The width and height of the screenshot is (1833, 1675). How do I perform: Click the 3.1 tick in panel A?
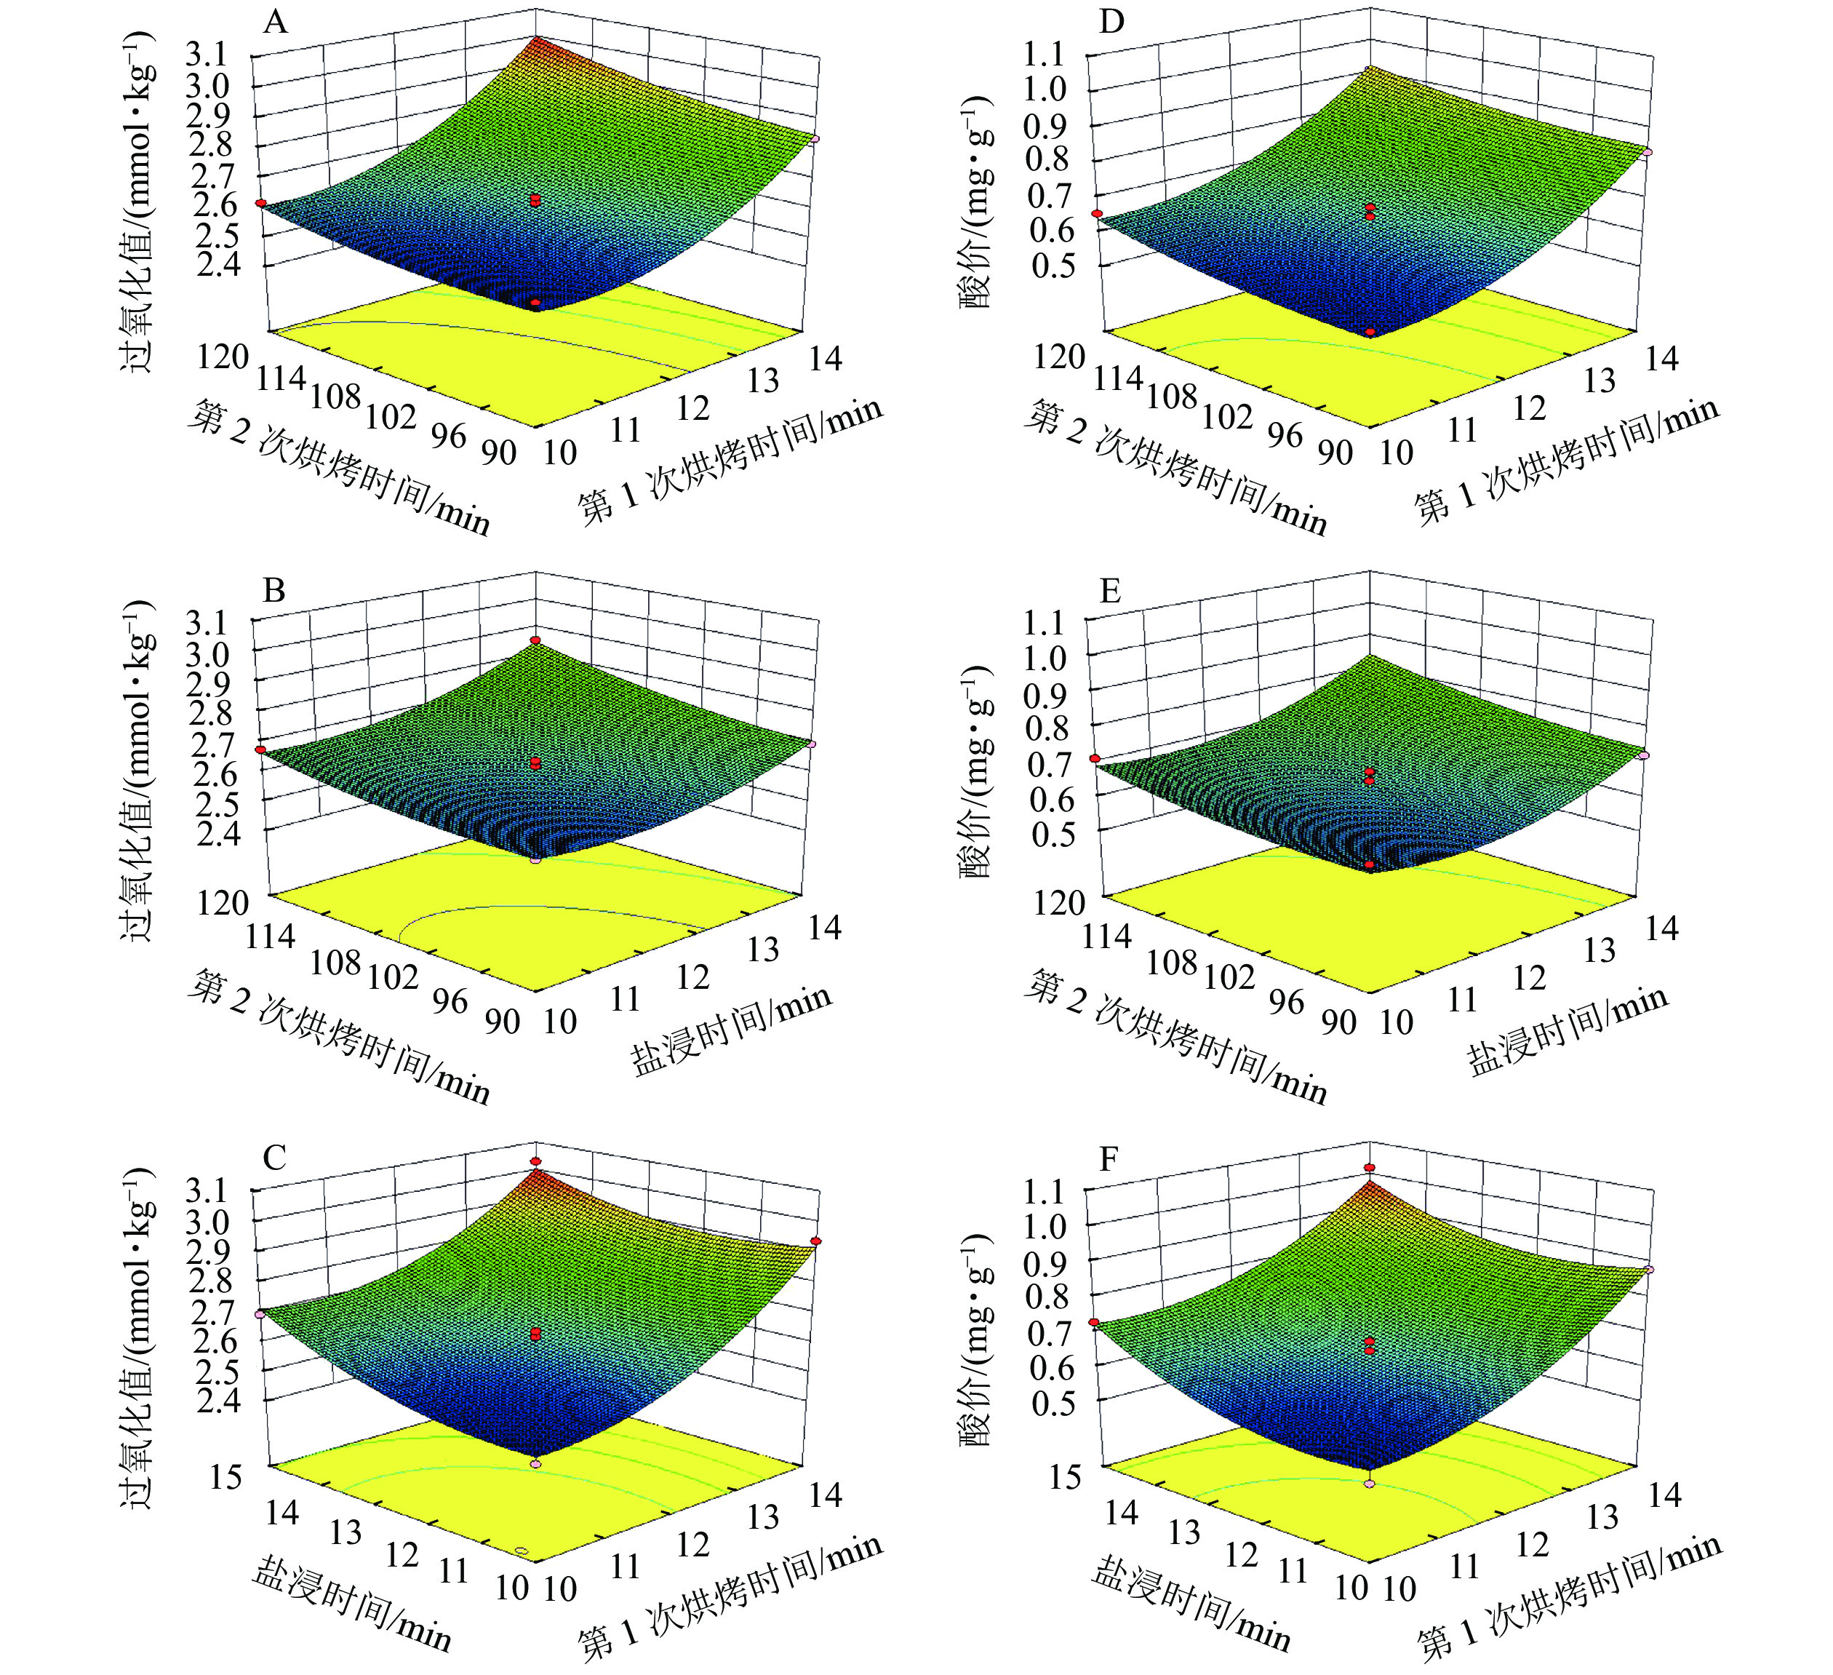(x=207, y=56)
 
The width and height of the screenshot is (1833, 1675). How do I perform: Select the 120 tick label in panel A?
(x=223, y=357)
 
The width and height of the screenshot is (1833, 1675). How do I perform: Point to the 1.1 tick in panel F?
(x=1043, y=1192)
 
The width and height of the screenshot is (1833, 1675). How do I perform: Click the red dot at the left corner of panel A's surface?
(x=260, y=204)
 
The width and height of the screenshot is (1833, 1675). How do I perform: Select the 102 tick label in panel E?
(x=1229, y=976)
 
